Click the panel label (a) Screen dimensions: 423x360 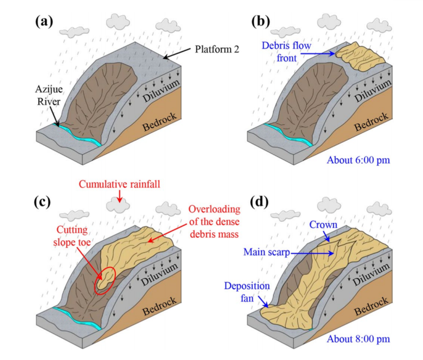[44, 22]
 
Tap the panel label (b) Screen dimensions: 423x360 [260, 22]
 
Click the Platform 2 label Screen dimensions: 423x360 [217, 49]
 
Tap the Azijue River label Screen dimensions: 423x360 [49, 95]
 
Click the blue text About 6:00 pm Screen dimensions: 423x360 [358, 160]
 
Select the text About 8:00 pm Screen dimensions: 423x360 [358, 339]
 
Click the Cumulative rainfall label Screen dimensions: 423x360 [119, 184]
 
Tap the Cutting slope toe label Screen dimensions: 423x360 [72, 236]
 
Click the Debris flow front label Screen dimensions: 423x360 [286, 52]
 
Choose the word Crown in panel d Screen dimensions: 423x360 [323, 225]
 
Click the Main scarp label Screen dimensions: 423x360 [266, 252]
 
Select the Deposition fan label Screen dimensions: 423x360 [247, 292]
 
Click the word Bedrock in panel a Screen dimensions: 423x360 [159, 122]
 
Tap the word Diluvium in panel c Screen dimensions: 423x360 [160, 274]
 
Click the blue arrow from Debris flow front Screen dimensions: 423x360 [318, 54]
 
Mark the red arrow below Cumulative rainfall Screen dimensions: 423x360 [119, 196]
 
